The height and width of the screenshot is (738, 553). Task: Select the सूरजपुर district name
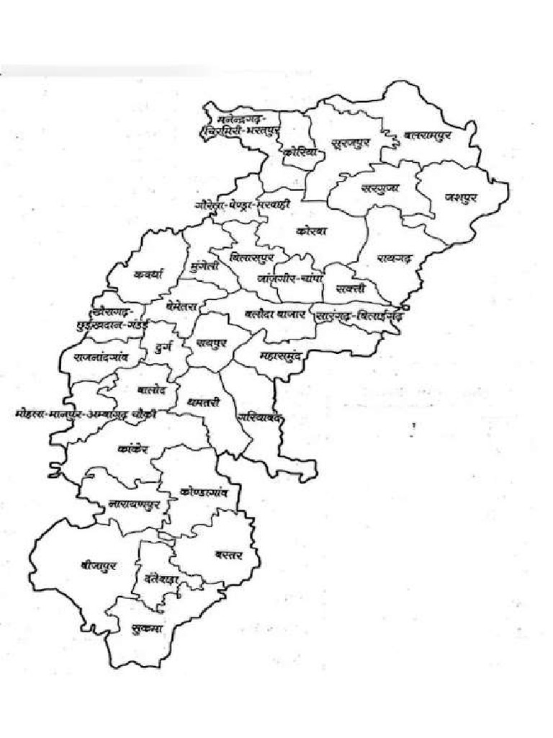tap(351, 144)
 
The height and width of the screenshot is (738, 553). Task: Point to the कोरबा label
tap(312, 231)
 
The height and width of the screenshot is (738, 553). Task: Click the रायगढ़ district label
tap(393, 257)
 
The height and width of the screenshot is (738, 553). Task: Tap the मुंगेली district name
tap(204, 264)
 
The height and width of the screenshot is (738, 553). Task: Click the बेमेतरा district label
tap(185, 303)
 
